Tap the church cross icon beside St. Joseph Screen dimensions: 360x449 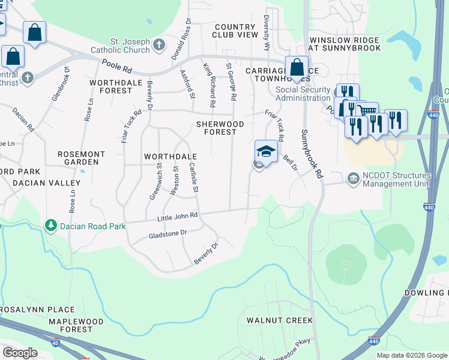click(x=159, y=45)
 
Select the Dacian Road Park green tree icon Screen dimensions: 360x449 click(x=52, y=226)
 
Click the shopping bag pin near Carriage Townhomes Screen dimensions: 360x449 click(x=297, y=68)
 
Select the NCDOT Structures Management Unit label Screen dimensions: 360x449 click(x=396, y=179)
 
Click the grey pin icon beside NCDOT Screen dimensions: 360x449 click(x=352, y=179)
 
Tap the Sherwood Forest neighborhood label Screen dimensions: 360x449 click(x=220, y=128)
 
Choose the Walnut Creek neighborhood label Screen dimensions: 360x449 click(x=280, y=320)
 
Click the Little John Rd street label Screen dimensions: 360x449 click(x=177, y=217)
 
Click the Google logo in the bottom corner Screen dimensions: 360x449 click(x=20, y=353)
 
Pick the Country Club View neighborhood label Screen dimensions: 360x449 click(x=235, y=31)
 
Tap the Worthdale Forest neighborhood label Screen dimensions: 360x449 click(x=110, y=86)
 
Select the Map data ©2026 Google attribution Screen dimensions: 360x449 click(x=412, y=355)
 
